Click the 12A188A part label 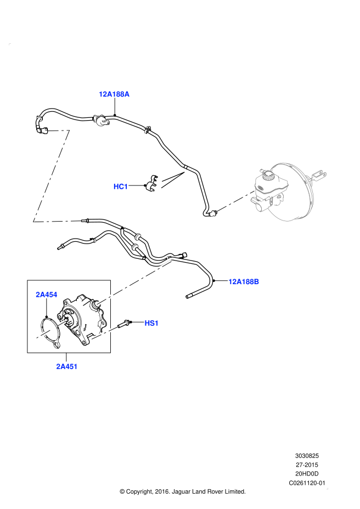[x=114, y=94]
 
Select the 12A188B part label [x=244, y=281]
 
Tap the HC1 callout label [x=121, y=186]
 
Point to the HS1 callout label [x=151, y=323]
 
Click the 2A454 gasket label [x=47, y=295]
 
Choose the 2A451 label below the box [x=66, y=366]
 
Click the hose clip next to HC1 [x=151, y=183]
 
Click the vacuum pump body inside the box [x=82, y=319]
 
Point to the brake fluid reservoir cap [x=268, y=176]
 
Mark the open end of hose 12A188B [x=187, y=296]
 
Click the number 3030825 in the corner [x=307, y=456]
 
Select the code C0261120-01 [x=307, y=483]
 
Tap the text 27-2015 [x=307, y=465]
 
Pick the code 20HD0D [x=307, y=474]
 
